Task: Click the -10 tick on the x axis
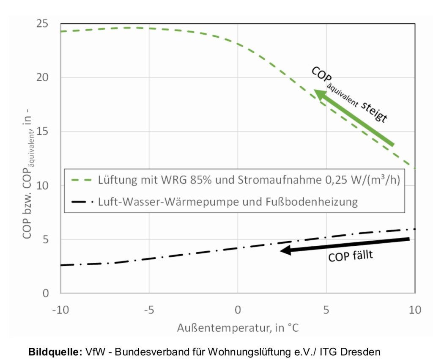click(60, 310)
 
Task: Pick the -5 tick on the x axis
click(149, 310)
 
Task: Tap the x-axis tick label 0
click(238, 310)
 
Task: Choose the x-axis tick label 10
click(415, 310)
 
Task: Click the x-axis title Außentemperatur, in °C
click(238, 327)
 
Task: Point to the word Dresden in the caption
click(365, 351)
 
